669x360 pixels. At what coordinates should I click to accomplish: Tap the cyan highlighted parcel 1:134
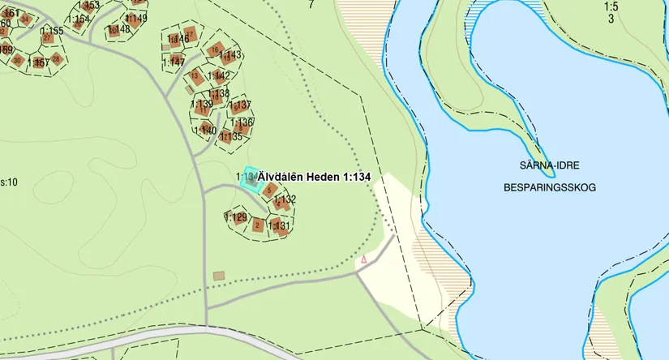click(251, 179)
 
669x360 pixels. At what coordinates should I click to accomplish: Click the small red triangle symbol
click(364, 259)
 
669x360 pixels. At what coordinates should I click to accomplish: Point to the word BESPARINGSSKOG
click(549, 187)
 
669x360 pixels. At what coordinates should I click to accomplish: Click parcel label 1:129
click(235, 217)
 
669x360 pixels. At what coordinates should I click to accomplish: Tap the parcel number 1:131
click(279, 226)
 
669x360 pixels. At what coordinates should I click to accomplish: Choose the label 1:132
click(285, 199)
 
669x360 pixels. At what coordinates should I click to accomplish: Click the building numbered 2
click(258, 225)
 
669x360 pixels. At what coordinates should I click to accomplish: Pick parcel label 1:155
click(51, 31)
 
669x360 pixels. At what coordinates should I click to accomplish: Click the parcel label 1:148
click(118, 30)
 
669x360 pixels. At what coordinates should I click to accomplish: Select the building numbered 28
click(55, 59)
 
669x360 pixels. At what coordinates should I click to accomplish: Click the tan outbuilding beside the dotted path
click(218, 276)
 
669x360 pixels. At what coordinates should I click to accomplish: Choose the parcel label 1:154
click(78, 19)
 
